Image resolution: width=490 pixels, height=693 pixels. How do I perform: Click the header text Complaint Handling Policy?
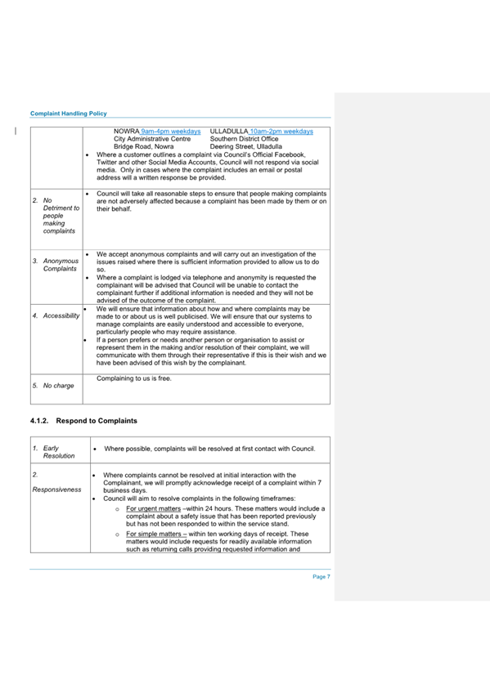tap(68, 113)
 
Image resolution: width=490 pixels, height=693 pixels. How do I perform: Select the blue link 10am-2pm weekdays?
tap(278, 131)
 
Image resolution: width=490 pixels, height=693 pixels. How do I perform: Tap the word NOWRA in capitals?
tap(126, 131)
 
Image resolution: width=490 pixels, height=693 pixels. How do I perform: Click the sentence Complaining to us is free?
tap(133, 378)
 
